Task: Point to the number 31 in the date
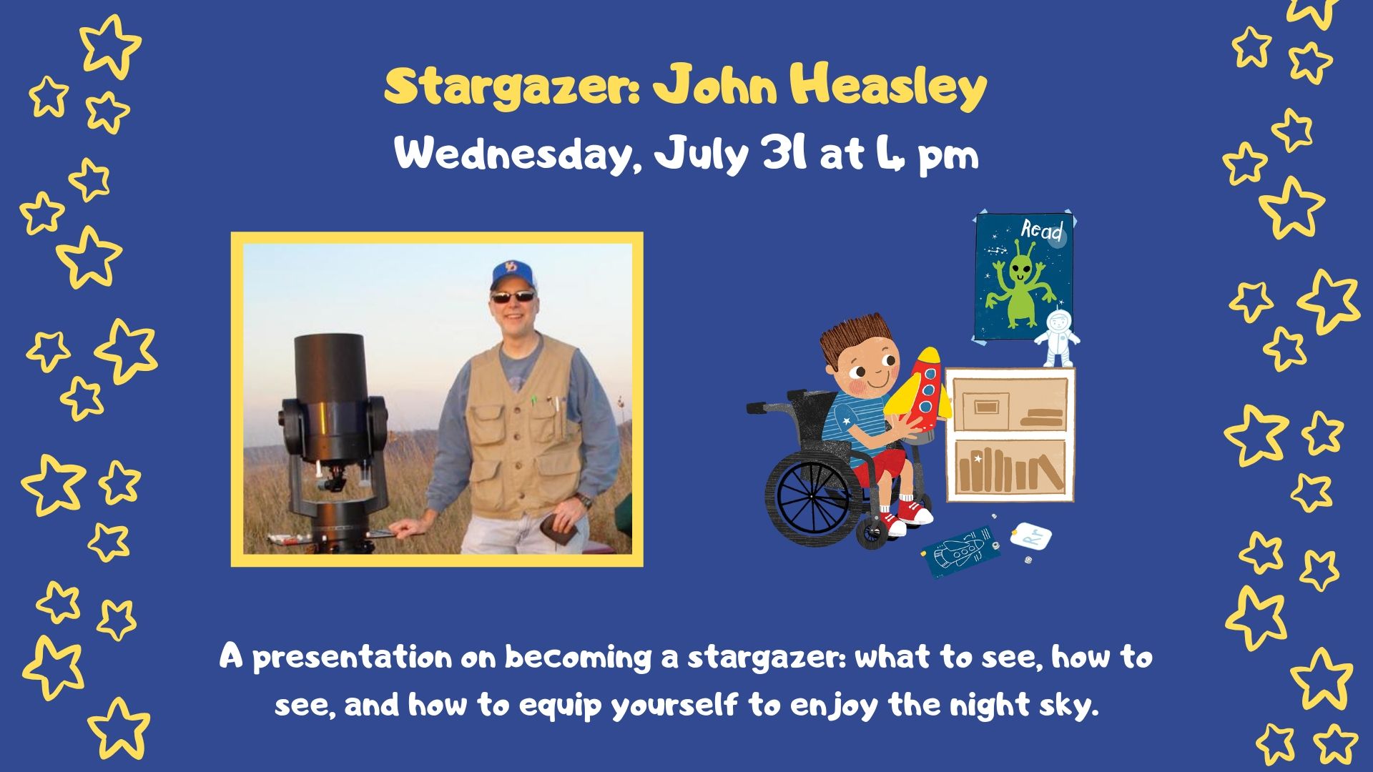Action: tap(784, 153)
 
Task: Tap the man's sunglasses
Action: tap(513, 296)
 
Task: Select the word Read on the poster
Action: tap(1041, 230)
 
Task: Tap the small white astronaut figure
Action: tap(1056, 337)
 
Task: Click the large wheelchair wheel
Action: tap(815, 495)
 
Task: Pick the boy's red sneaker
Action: tap(917, 510)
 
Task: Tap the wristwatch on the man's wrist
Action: tap(585, 502)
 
